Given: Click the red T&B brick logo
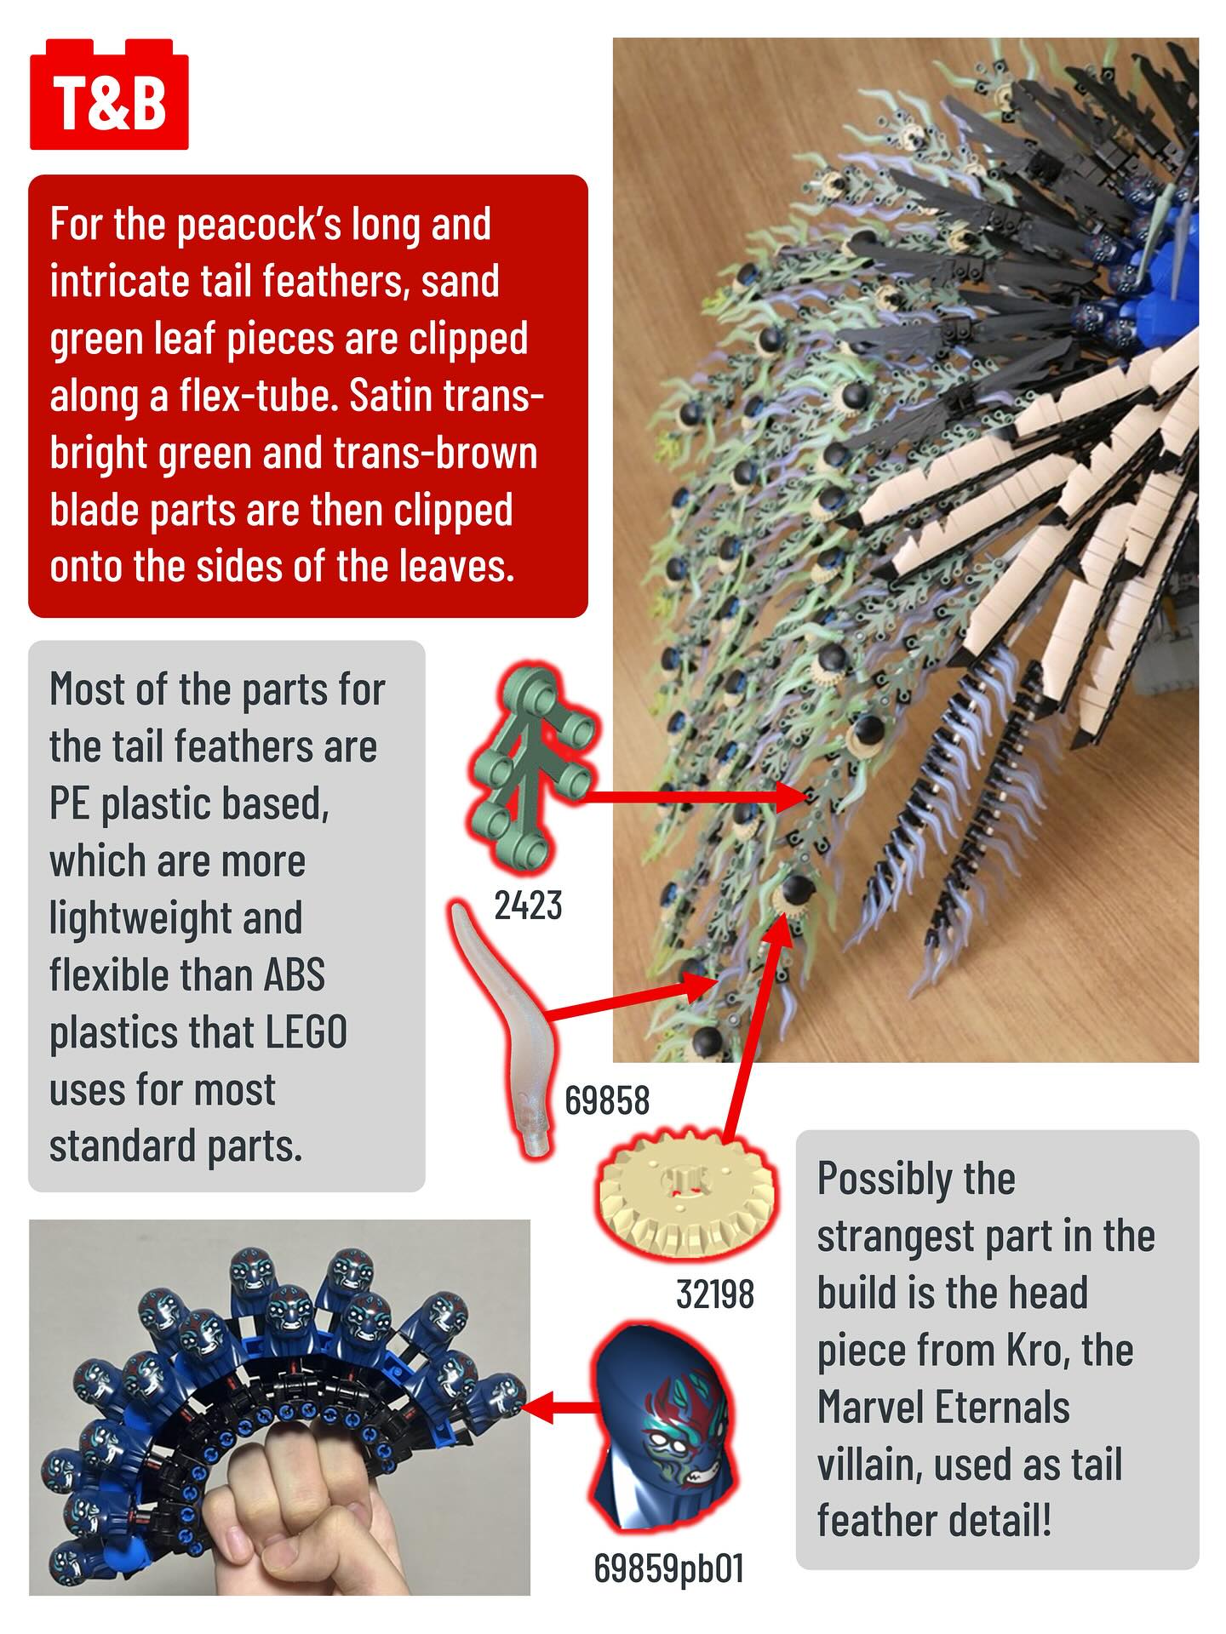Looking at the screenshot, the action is coord(109,95).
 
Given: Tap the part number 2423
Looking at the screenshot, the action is coord(528,906).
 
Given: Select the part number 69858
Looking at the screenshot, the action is coord(607,1100).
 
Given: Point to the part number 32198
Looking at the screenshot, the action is coord(715,1294).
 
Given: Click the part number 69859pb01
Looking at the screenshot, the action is coord(668,1568).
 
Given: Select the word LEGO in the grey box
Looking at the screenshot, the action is coord(306,1032).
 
